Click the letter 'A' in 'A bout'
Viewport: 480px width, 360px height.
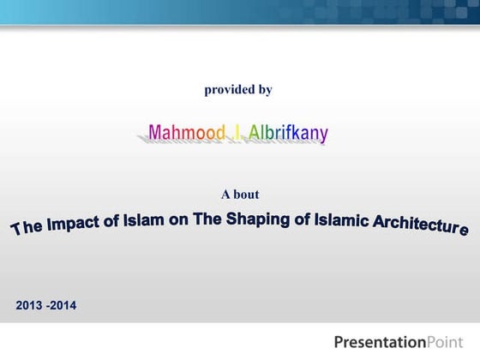(x=225, y=195)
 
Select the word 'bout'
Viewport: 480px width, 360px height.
(x=246, y=195)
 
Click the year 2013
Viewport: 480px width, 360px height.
(x=31, y=304)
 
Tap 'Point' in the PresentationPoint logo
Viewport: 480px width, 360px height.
(x=445, y=335)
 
